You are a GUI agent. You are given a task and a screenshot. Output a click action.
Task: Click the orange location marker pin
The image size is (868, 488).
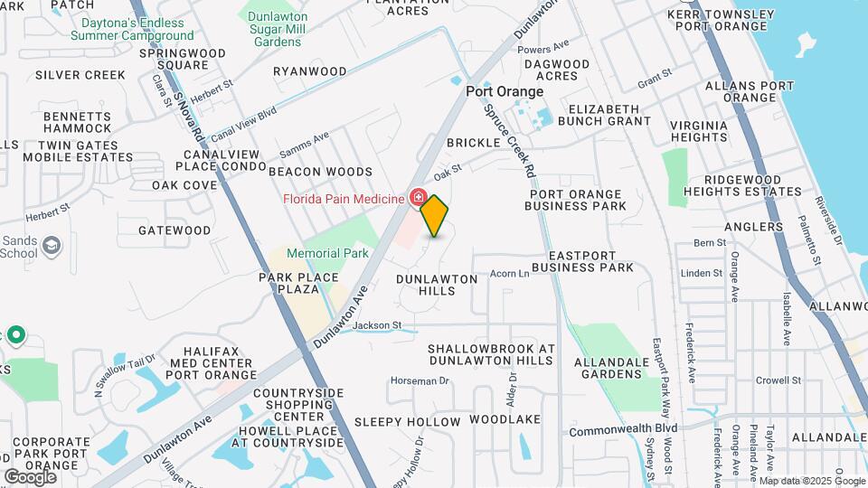435,216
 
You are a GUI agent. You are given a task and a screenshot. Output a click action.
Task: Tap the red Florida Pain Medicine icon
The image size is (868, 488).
419,197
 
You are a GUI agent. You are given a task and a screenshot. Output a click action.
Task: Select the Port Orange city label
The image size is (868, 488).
505,91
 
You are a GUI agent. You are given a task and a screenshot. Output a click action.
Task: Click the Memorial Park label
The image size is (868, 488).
327,253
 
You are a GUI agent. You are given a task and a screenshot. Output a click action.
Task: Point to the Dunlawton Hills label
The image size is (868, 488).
437,285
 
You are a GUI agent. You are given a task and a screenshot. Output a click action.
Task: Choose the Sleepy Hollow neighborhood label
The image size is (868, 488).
407,422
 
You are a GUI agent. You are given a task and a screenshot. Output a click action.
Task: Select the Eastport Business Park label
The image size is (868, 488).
583,261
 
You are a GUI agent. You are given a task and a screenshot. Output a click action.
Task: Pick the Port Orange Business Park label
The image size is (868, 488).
576,200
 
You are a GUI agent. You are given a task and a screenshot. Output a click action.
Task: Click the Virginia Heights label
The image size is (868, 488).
699,131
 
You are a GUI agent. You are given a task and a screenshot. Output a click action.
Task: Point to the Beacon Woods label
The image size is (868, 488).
320,172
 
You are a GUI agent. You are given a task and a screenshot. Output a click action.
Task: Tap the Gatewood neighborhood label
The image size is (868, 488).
175,230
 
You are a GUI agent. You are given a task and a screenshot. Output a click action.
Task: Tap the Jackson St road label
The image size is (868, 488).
376,325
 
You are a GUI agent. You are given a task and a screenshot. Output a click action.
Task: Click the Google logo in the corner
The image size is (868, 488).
30,476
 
